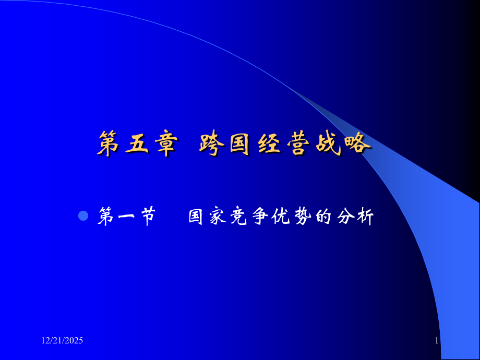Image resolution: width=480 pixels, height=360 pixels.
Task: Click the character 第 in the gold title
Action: pyautogui.click(x=107, y=144)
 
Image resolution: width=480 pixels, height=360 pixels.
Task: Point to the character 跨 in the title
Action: pyautogui.click(x=211, y=144)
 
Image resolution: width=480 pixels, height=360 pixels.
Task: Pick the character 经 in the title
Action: pyautogui.click(x=268, y=144)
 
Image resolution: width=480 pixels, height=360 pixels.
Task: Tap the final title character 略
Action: pyautogui.click(x=356, y=144)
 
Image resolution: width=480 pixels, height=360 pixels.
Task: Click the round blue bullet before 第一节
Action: pyautogui.click(x=83, y=215)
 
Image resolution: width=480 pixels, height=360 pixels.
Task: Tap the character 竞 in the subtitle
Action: pyautogui.click(x=238, y=217)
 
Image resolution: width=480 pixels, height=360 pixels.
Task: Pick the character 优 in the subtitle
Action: pyautogui.click(x=281, y=217)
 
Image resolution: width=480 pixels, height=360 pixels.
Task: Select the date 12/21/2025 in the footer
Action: pyautogui.click(x=62, y=341)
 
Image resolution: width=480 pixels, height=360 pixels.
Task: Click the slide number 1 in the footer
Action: pyautogui.click(x=437, y=341)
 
